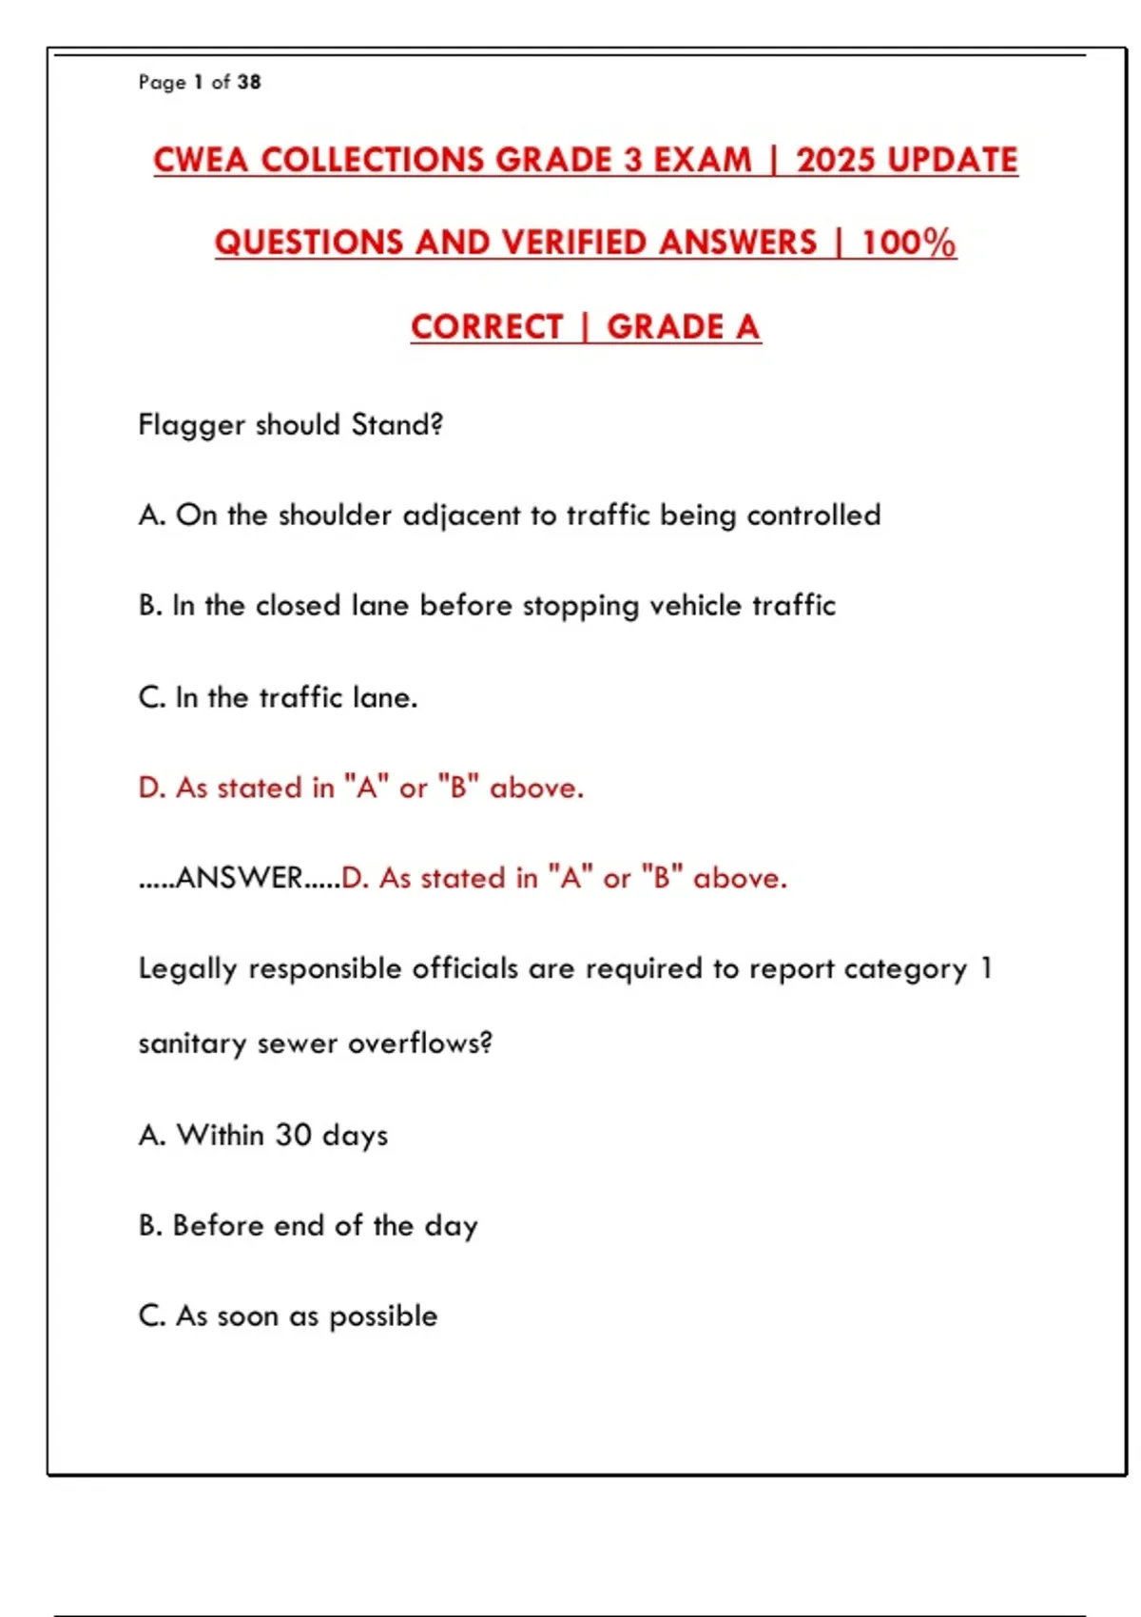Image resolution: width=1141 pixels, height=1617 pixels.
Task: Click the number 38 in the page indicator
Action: click(x=249, y=83)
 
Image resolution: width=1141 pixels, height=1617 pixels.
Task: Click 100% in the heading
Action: click(x=908, y=243)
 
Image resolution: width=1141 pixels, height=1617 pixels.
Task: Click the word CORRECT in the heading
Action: click(x=487, y=327)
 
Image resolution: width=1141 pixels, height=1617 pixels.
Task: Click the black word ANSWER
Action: click(x=239, y=878)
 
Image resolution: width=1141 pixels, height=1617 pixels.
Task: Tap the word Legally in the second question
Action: click(x=187, y=969)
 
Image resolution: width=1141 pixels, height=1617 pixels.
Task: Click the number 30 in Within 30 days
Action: click(x=294, y=1135)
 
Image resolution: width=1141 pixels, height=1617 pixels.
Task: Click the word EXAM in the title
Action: click(x=703, y=160)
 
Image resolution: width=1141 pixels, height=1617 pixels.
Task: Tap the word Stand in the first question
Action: click(x=392, y=424)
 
